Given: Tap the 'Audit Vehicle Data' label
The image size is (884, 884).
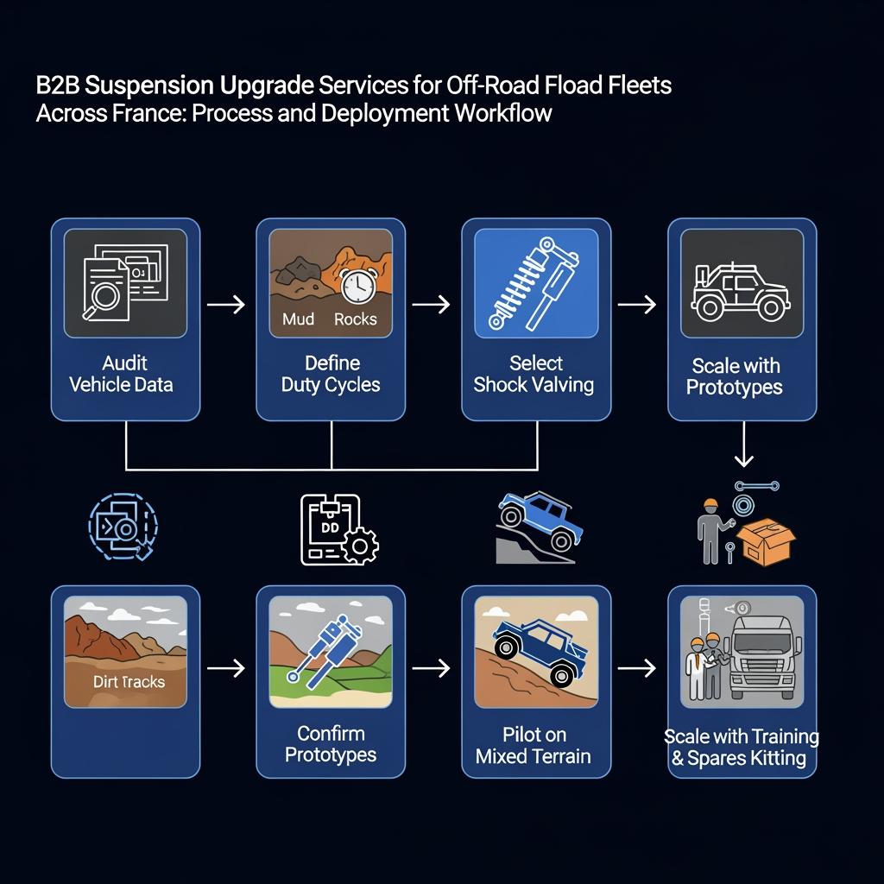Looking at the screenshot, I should coord(121,374).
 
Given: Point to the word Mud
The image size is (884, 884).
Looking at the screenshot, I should coord(299,319).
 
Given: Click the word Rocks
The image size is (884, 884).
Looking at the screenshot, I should coord(356,319).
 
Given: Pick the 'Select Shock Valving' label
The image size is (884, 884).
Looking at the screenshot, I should coord(534,374).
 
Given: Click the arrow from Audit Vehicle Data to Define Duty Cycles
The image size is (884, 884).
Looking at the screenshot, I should coord(227,305).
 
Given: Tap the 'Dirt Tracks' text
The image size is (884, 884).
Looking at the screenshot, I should coord(129,682).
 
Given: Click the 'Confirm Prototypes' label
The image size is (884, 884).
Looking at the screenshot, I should coord(331,744).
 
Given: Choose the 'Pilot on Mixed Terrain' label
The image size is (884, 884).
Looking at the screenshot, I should coord(534,746).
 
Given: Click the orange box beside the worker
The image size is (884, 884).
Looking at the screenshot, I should coord(767,540).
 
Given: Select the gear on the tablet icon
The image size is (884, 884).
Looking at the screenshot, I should coord(360,543).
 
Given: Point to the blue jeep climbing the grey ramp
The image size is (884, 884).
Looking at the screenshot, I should coord(540,518).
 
